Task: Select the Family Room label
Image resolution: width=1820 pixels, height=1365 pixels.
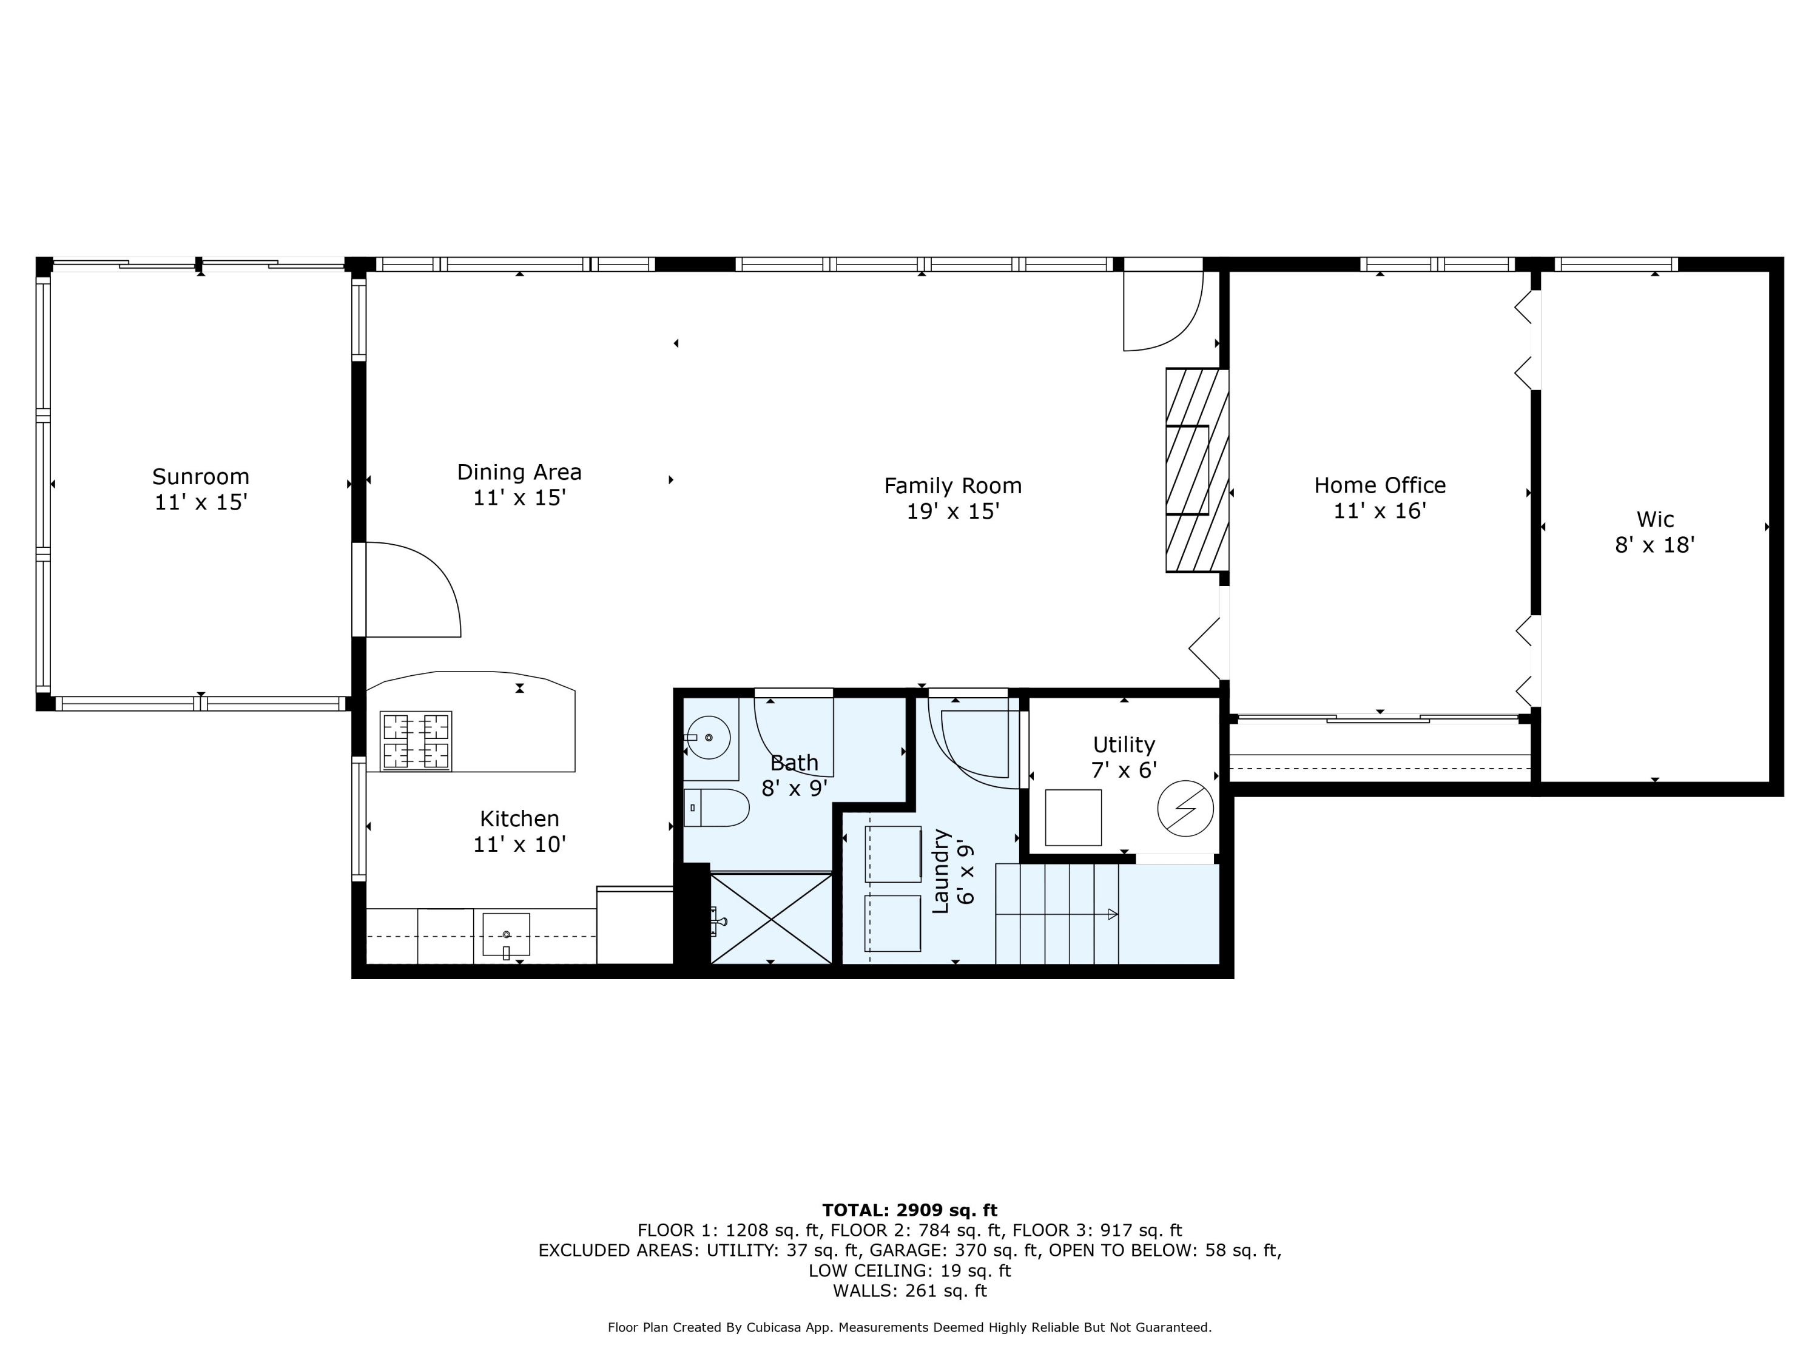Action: (x=953, y=487)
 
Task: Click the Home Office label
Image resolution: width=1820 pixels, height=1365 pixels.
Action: (x=1379, y=485)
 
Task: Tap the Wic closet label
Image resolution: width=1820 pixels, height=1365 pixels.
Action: (x=1654, y=520)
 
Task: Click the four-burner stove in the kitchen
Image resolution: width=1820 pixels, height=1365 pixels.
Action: (x=416, y=741)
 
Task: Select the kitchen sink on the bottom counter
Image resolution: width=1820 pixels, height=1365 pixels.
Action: (x=505, y=935)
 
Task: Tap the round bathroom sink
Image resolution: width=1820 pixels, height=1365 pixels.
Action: (x=709, y=737)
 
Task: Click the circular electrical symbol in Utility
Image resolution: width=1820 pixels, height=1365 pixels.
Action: (x=1185, y=808)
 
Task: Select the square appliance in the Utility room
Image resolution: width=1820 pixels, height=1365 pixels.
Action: (x=1073, y=817)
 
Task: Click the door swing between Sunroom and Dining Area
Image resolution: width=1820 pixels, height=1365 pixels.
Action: (x=411, y=590)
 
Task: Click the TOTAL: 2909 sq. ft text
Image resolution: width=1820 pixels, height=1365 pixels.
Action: (x=909, y=1210)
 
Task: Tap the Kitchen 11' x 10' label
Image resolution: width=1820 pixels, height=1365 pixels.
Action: (x=519, y=831)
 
